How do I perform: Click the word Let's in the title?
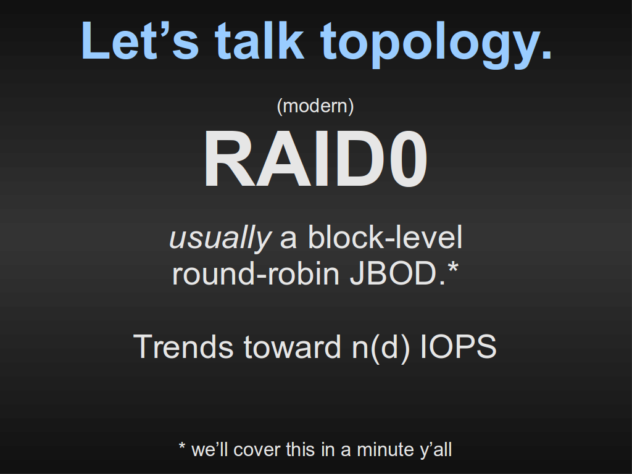(140, 41)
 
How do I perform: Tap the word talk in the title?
(259, 40)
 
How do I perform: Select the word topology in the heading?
(430, 44)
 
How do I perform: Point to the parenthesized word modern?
(315, 106)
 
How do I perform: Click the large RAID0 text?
(315, 159)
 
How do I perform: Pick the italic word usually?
(220, 238)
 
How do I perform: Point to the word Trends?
(183, 346)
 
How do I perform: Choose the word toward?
(293, 346)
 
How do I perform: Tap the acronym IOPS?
(459, 346)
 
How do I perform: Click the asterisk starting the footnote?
(182, 446)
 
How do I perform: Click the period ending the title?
(547, 55)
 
